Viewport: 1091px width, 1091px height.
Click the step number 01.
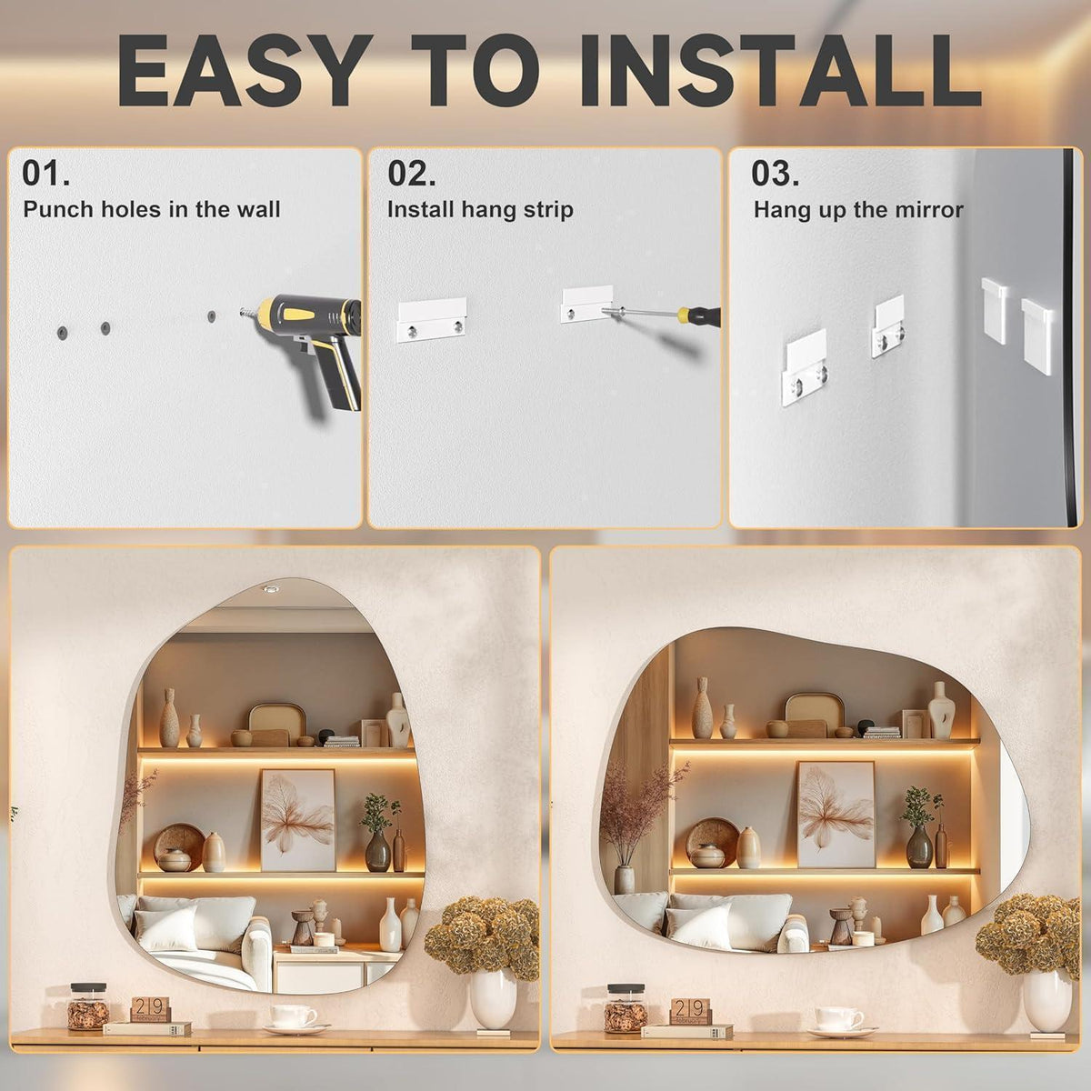click(x=45, y=173)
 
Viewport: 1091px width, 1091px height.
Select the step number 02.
click(x=412, y=173)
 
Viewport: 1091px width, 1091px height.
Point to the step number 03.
click(x=776, y=173)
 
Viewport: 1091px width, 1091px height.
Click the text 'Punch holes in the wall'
click(x=152, y=209)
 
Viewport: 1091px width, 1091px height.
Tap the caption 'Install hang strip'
click(x=480, y=209)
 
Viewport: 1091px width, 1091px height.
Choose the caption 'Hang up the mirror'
click(x=858, y=210)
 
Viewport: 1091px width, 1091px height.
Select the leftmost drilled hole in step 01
click(x=62, y=333)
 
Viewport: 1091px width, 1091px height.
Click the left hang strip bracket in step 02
click(x=432, y=320)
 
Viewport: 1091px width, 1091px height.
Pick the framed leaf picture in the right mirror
click(x=836, y=814)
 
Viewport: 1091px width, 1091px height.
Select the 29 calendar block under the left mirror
click(x=150, y=1009)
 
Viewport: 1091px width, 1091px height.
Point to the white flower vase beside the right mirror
click(x=1046, y=1001)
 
